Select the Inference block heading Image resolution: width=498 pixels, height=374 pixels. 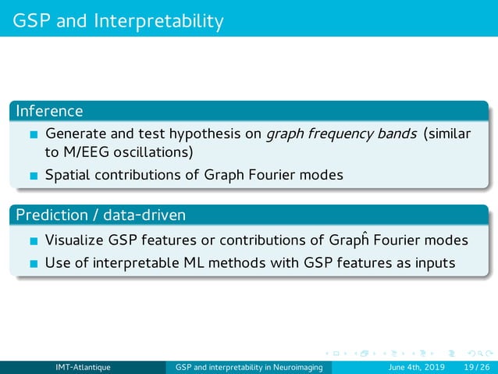coord(49,112)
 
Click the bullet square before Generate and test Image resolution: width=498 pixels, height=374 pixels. coord(33,135)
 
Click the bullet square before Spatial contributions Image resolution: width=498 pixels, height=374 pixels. coord(33,176)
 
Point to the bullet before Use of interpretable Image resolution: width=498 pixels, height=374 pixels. coord(33,263)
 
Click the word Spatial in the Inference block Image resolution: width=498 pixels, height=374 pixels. coord(68,175)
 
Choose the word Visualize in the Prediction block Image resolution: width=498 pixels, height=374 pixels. coord(76,240)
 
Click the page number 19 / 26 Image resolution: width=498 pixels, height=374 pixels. coord(475,367)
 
